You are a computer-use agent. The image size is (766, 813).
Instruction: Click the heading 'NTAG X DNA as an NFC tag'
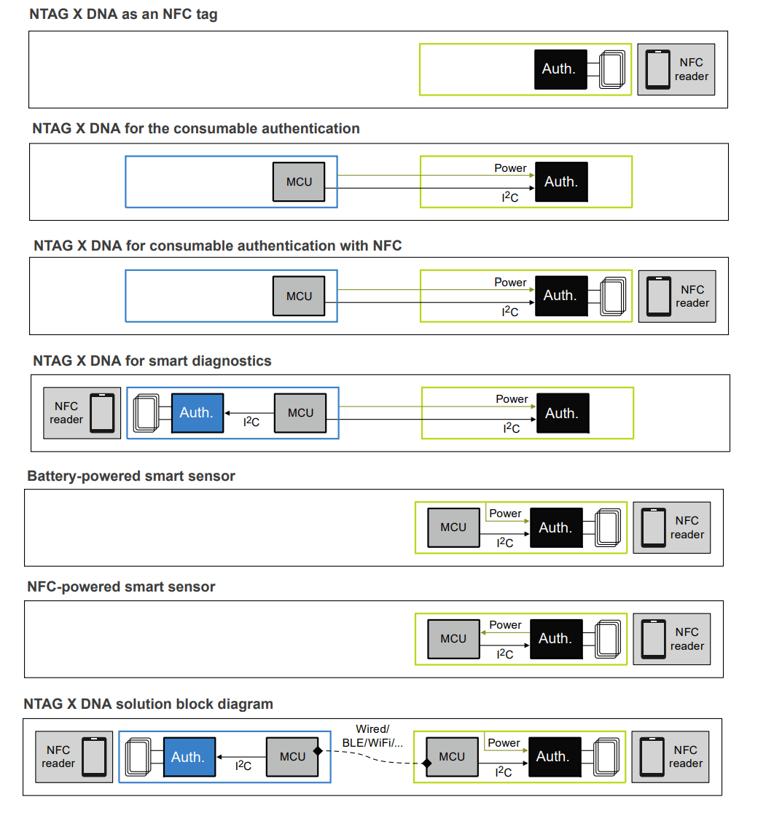122,15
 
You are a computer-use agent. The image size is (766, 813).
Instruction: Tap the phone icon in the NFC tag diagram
658,69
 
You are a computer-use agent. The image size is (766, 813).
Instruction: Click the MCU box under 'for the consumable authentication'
299,181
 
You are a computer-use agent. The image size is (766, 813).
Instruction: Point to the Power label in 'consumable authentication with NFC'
510,283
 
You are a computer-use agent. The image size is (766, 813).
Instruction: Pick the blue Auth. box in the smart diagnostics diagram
196,413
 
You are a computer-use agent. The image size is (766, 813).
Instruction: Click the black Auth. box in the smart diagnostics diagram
562,413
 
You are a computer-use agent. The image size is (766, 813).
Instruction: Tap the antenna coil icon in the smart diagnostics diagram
147,413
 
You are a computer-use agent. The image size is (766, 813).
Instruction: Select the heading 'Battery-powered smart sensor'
131,476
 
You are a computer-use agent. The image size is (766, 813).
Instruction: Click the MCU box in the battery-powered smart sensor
453,527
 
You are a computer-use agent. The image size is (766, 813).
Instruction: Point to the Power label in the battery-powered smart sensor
505,514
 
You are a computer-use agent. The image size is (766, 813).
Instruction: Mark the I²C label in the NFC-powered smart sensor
505,653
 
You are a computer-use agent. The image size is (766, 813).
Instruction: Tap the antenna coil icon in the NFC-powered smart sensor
607,638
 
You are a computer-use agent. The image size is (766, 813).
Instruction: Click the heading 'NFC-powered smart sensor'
121,587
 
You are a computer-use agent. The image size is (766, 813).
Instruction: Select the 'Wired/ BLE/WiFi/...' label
372,736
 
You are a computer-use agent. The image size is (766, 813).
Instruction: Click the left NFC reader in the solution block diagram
75,757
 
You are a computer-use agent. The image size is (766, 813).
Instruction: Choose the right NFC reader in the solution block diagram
670,757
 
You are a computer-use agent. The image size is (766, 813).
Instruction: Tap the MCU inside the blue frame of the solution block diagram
292,757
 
